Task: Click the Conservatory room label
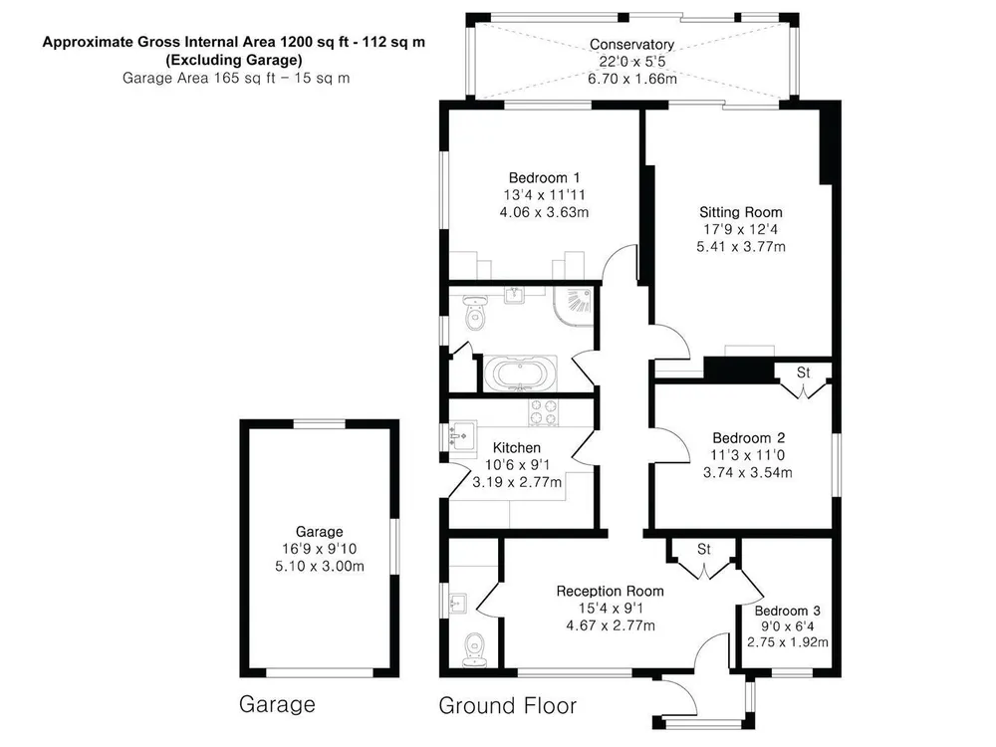point(631,45)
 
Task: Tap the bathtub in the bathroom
point(520,373)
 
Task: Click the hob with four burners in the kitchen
point(544,412)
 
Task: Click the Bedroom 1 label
point(544,178)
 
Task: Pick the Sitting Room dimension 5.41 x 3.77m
point(741,246)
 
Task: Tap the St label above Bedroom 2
point(804,373)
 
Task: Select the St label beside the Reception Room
point(704,549)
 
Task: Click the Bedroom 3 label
point(787,612)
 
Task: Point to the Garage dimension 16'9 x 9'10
point(320,549)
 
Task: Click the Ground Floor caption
point(508,706)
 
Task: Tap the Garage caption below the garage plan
point(277,704)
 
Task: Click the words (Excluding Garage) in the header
point(234,61)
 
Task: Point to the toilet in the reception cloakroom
point(474,649)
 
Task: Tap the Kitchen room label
point(516,448)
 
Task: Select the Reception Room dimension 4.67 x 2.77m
point(611,625)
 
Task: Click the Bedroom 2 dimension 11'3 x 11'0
point(748,455)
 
